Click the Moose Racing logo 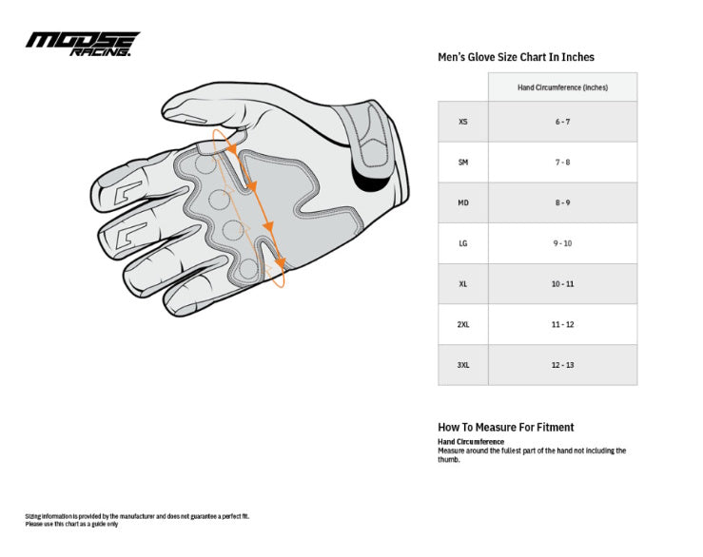pos(82,44)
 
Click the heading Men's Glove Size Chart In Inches pos(515,57)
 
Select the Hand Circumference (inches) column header pos(562,87)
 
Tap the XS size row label pos(462,122)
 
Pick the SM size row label pos(462,163)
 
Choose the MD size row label pos(462,202)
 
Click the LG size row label pos(462,243)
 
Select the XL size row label pos(462,284)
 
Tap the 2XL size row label pos(462,324)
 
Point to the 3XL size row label pos(462,365)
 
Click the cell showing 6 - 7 pos(562,122)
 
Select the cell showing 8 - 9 pos(562,202)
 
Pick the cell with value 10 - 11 pos(562,284)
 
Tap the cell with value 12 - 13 pos(562,365)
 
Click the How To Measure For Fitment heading pos(505,427)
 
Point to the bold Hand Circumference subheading pos(470,442)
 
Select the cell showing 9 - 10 pos(562,243)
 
